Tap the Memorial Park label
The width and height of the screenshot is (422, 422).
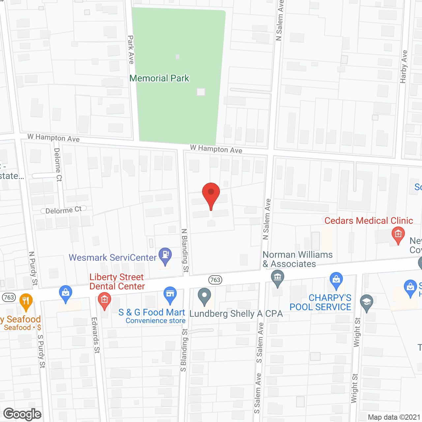159,78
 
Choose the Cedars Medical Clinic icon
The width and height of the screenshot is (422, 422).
398,235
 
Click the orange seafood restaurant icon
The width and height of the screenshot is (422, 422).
26,301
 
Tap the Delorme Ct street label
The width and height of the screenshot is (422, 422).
63,210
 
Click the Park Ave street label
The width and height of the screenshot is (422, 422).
131,50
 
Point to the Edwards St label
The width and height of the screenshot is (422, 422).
95,335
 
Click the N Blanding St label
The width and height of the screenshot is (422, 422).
185,251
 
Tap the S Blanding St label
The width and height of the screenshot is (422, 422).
184,350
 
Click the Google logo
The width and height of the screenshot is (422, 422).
22,414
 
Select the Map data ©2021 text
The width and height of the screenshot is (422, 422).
394,417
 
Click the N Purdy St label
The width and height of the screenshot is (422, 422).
33,268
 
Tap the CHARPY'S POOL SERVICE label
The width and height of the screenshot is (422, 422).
320,302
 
